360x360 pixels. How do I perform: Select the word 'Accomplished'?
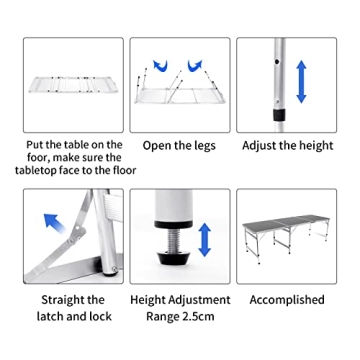[x=287, y=299]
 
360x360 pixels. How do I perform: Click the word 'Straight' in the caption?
[x=58, y=299]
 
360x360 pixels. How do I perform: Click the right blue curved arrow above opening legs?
[x=198, y=66]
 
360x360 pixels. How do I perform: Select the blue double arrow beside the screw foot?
[x=205, y=239]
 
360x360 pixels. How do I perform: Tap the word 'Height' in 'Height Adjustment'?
[x=150, y=299]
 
